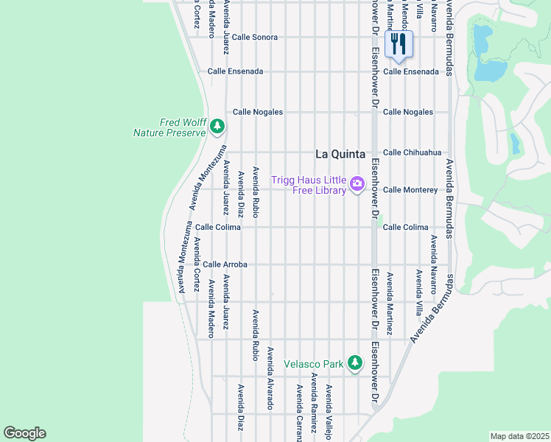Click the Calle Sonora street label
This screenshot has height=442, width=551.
pos(254,37)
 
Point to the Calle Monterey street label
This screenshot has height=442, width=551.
pos(410,190)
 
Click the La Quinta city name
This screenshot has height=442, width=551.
pos(340,154)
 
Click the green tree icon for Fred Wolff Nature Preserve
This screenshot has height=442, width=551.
pos(217,127)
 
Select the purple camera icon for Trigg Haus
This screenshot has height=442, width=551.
pos(357,183)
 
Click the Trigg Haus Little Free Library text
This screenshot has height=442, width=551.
pos(309,186)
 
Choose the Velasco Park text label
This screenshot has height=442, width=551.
pos(314,364)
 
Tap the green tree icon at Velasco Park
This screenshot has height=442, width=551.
pos(355,362)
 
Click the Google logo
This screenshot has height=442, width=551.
pos(24,433)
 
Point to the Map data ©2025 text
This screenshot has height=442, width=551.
pos(519,436)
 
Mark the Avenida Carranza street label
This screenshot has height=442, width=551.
pos(299,413)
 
